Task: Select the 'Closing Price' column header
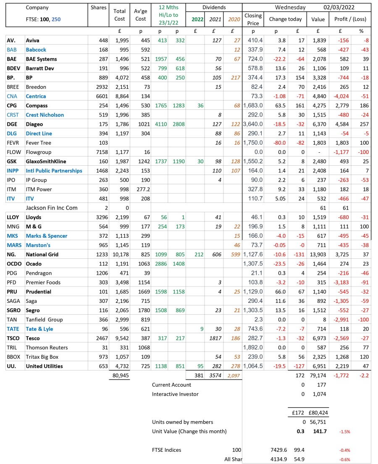click(253, 19)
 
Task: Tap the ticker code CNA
click(12, 96)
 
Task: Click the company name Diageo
click(34, 124)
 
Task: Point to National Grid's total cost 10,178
click(120, 254)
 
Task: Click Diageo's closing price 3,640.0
click(253, 124)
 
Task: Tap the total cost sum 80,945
click(121, 375)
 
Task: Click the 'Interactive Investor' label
click(175, 394)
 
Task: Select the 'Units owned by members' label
click(182, 422)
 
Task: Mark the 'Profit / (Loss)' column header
click(349, 19)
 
